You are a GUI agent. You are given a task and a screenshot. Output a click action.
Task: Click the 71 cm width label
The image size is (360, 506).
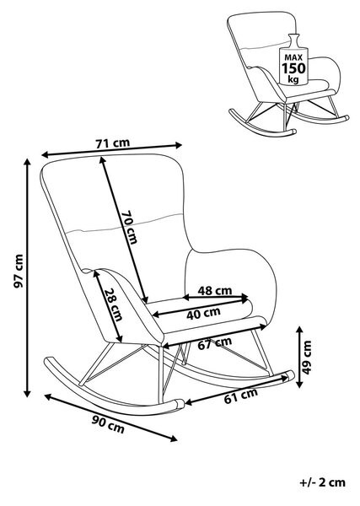[113, 143]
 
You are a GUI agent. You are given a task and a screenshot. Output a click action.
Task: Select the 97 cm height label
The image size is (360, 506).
[19, 271]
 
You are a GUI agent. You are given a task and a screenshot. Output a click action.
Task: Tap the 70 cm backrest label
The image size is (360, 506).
[129, 227]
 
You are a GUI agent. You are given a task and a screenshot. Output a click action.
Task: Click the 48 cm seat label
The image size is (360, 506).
[214, 291]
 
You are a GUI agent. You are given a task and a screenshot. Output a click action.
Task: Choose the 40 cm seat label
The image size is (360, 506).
[203, 314]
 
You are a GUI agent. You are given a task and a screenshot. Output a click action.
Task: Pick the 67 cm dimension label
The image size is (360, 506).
[215, 343]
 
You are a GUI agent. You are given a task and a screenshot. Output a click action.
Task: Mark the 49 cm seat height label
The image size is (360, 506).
[307, 358]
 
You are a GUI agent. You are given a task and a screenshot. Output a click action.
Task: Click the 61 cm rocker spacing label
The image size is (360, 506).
[241, 396]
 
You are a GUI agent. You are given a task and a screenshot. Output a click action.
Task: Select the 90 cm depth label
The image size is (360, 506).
[108, 424]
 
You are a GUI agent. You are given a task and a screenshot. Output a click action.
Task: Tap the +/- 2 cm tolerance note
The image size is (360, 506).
[322, 482]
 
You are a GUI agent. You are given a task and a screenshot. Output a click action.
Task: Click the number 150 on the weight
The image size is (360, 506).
[293, 68]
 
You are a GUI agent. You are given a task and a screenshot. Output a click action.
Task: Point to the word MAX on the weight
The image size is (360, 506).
[293, 57]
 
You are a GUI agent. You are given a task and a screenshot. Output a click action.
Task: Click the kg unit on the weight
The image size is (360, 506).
[293, 79]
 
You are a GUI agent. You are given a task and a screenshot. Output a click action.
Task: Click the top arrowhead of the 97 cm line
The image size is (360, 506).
[28, 162]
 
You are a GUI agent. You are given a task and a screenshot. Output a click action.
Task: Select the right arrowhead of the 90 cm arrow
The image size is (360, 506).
[174, 438]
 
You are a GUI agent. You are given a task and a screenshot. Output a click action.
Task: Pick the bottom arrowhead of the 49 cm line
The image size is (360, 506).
[299, 384]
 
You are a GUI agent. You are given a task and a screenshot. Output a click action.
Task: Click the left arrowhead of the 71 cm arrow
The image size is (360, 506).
[46, 155]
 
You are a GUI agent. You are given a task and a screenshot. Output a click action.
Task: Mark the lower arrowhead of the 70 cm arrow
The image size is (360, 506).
[146, 299]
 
